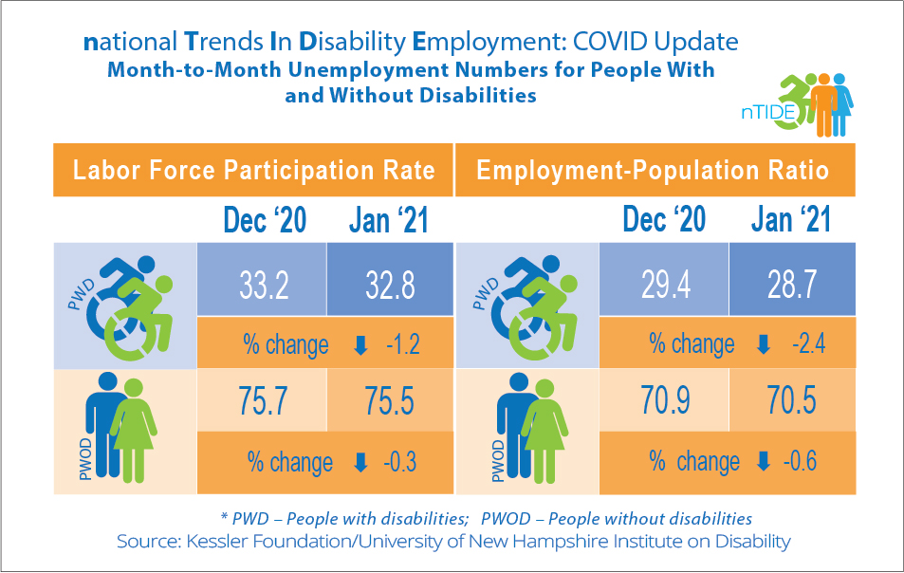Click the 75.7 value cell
[x=261, y=399]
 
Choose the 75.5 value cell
[x=389, y=399]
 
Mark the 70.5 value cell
[x=790, y=399]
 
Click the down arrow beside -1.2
[x=360, y=343]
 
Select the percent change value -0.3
[x=397, y=462]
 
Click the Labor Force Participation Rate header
[x=254, y=171]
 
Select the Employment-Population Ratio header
[x=653, y=171]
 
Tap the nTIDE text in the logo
[x=758, y=113]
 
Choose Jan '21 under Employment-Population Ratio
[x=790, y=221]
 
